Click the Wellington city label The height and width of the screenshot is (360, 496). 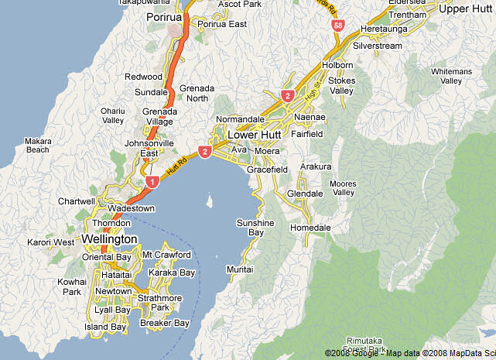(x=109, y=238)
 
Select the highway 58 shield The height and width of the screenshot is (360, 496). (x=338, y=26)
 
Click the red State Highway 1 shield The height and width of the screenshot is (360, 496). (x=152, y=182)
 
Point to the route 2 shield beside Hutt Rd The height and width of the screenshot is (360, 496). (x=205, y=152)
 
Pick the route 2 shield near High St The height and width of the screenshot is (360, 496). (x=288, y=96)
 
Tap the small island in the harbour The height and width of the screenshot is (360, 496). (x=209, y=203)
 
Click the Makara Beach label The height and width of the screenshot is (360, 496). (x=37, y=145)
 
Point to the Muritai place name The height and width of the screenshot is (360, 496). (x=239, y=269)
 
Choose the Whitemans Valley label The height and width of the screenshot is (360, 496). (x=451, y=76)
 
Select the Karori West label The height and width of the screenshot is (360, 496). (x=52, y=242)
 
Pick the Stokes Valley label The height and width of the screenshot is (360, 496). (x=341, y=85)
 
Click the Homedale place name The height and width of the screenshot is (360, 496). (x=310, y=228)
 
